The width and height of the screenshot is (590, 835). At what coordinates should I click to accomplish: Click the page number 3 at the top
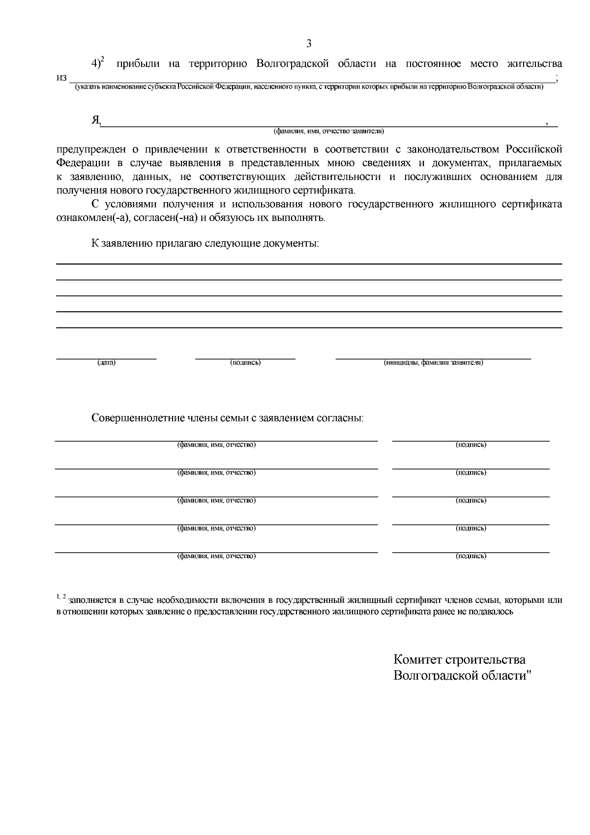coord(309,44)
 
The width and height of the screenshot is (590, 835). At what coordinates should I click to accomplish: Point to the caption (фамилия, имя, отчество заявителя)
coord(328,131)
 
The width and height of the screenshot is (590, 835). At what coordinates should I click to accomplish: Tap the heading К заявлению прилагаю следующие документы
coord(205,243)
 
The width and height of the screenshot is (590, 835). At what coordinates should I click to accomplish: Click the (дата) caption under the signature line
coord(106,363)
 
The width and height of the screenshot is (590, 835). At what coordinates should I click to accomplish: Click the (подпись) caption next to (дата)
coord(245,363)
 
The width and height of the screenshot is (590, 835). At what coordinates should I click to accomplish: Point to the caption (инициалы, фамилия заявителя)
coord(433,363)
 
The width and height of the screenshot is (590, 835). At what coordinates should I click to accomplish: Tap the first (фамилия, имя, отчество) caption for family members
coord(216,445)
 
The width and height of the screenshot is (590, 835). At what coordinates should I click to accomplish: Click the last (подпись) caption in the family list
coord(471,556)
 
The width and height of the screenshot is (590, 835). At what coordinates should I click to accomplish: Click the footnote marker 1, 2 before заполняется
coord(61,597)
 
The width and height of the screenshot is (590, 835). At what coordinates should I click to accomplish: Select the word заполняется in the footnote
coord(92,600)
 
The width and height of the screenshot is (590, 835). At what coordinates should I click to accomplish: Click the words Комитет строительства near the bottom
coord(459,660)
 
